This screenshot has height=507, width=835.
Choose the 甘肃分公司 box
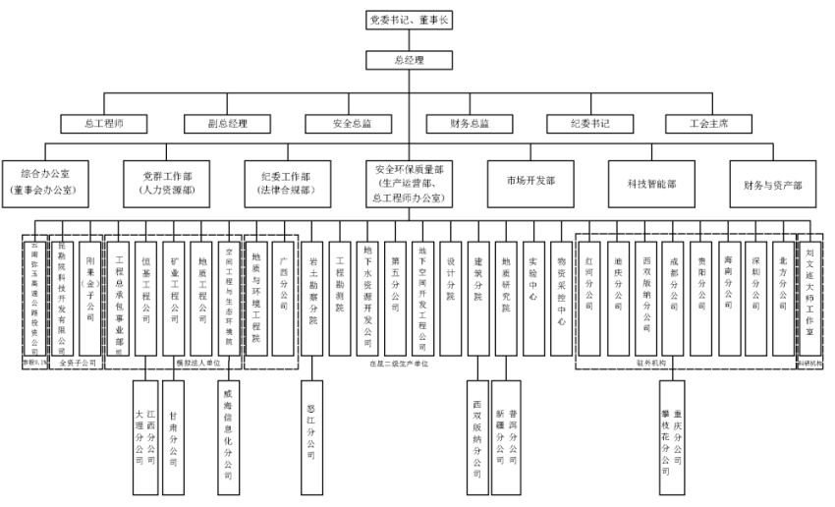pyautogui.click(x=173, y=435)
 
